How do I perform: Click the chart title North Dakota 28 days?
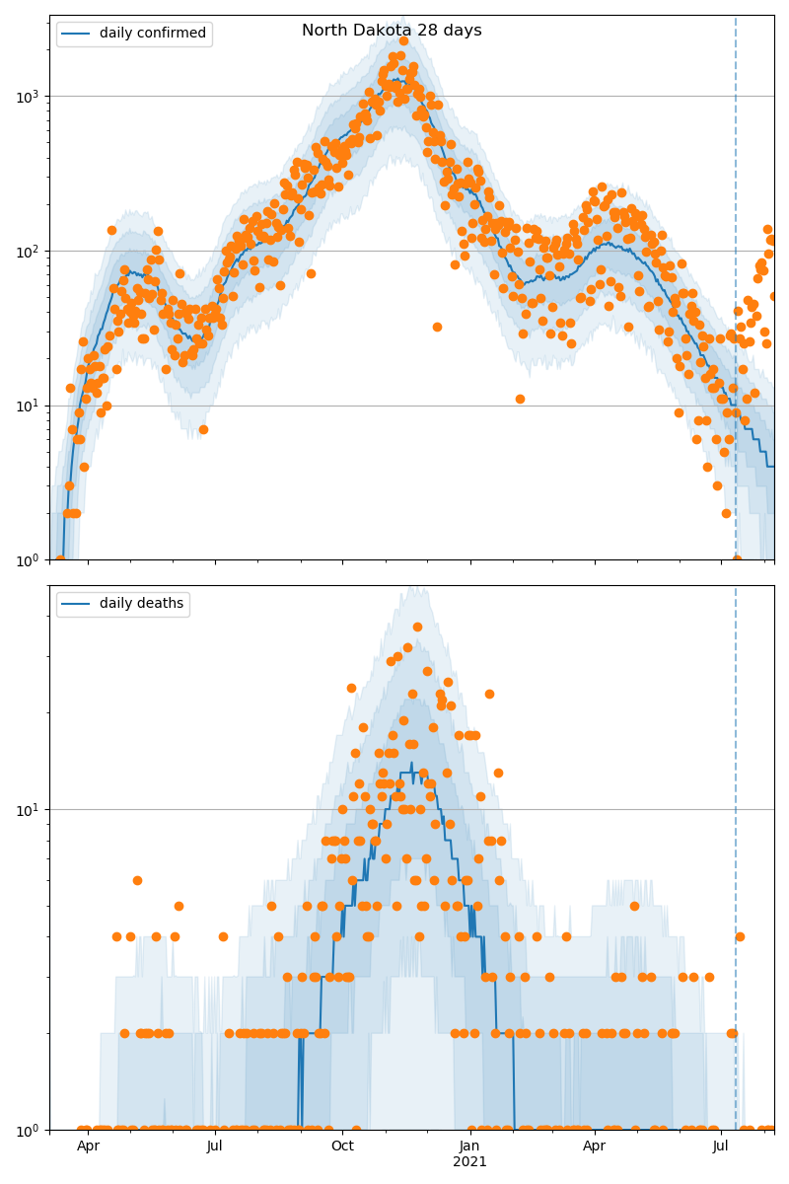tap(392, 31)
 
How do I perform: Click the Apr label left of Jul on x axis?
tap(88, 1147)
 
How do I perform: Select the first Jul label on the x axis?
tap(214, 1147)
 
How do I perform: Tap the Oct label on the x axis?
tap(342, 1147)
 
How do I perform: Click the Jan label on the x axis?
tap(469, 1147)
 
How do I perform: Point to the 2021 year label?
tap(469, 1162)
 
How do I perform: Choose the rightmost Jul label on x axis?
tap(721, 1147)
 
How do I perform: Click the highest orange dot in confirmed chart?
tap(403, 41)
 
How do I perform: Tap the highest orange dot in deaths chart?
tap(417, 627)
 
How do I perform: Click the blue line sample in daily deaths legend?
tap(77, 604)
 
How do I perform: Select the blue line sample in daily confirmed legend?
tap(77, 34)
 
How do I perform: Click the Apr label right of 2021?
tap(595, 1147)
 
